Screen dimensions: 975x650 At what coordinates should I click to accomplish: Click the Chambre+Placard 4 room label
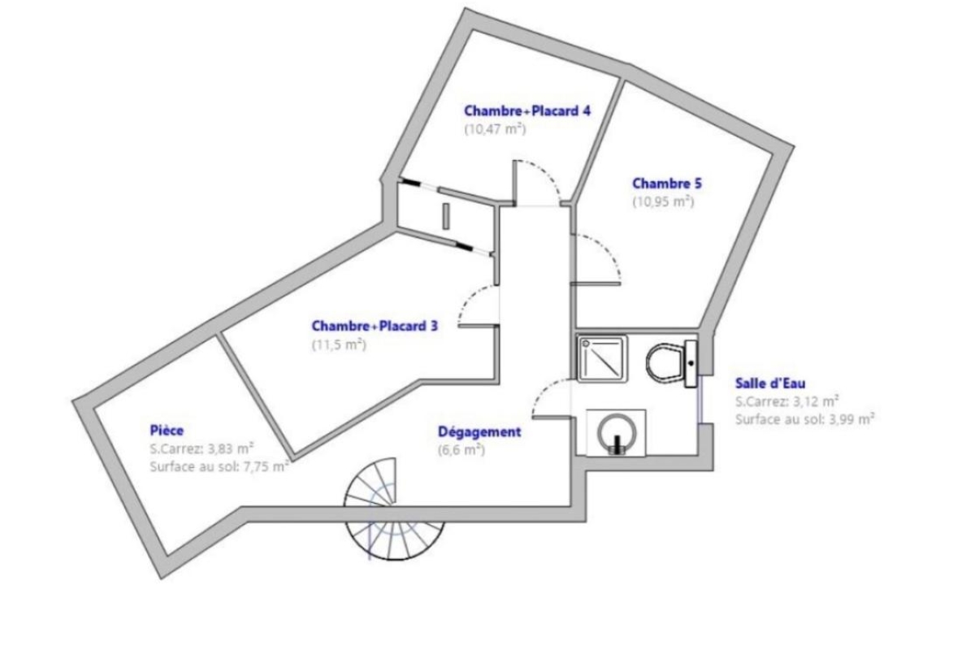coord(527,111)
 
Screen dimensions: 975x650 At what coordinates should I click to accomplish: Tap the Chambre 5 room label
coord(667,184)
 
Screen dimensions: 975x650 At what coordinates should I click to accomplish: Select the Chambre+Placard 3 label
coord(375,326)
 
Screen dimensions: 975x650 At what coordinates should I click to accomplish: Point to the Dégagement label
coord(479,432)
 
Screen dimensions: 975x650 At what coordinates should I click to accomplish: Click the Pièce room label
coord(167,431)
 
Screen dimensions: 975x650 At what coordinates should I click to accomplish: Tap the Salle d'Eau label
coord(770,383)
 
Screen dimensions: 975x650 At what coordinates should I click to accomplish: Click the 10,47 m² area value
coord(496,129)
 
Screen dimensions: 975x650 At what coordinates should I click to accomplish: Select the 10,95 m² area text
coord(663,202)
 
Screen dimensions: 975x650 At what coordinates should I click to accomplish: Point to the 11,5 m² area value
coord(339,344)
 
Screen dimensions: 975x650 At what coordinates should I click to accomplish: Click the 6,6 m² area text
coord(461,450)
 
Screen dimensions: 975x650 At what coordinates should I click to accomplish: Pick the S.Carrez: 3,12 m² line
coord(787,401)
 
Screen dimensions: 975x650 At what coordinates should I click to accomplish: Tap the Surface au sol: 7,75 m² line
coord(219,466)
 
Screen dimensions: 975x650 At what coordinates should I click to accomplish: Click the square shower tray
coord(602,359)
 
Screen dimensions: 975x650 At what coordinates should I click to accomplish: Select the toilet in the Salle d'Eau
coord(672,363)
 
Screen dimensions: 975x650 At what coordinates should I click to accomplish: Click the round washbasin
coord(617,434)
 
